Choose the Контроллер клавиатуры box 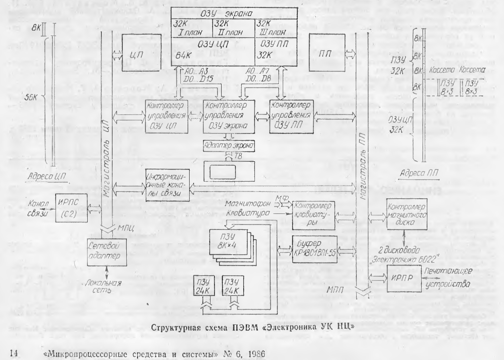[317, 210]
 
